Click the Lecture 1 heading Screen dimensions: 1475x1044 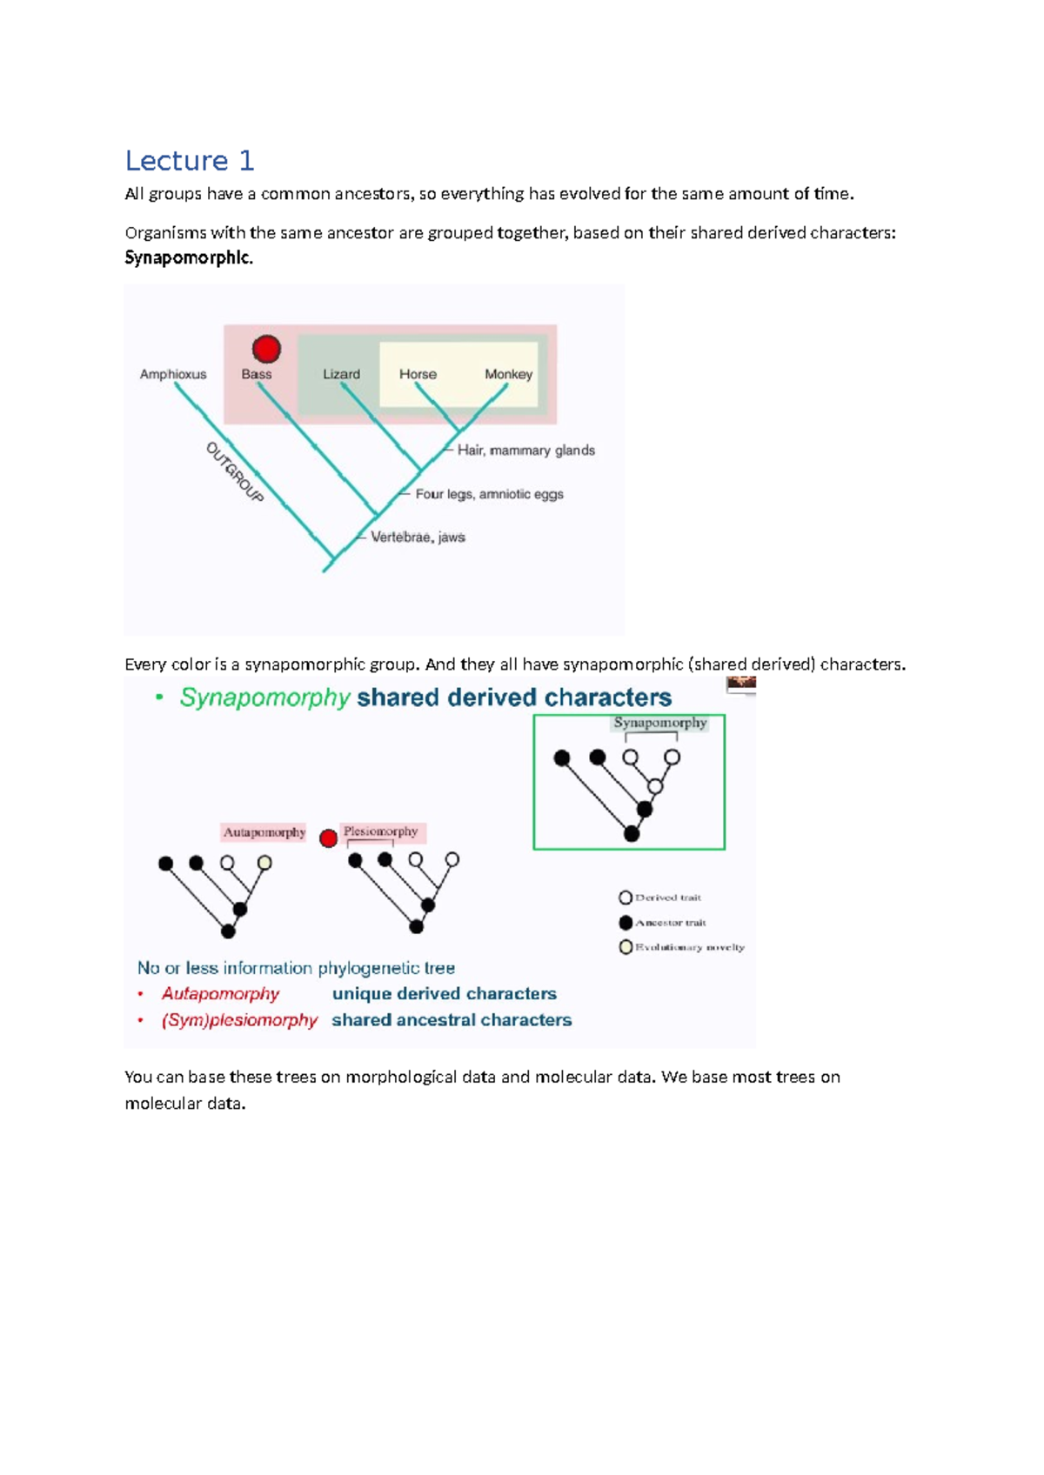tap(189, 161)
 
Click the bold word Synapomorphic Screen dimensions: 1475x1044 tap(188, 258)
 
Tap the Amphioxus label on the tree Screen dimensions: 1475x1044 tap(173, 374)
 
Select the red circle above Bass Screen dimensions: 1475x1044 tap(266, 349)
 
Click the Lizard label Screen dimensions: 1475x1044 tap(341, 374)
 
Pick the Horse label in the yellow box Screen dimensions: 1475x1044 tap(418, 374)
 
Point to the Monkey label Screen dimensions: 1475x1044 tap(508, 374)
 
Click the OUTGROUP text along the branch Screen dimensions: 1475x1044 tap(234, 472)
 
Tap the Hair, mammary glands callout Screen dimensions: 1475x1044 tap(525, 451)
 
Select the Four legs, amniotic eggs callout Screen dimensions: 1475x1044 tap(489, 494)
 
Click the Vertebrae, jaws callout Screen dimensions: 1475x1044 tap(418, 537)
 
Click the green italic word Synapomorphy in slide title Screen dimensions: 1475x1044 tap(264, 697)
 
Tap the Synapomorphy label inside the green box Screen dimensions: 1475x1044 tap(660, 723)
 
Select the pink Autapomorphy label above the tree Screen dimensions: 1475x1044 tap(264, 832)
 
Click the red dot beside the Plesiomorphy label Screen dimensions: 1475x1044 tap(328, 838)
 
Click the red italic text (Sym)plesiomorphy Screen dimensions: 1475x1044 tap(239, 1020)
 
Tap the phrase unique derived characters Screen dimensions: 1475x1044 tap(444, 994)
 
